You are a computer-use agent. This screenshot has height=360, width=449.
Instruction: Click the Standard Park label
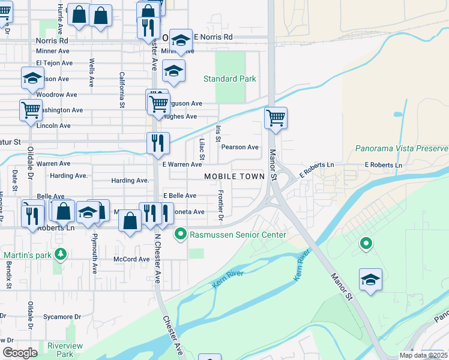pyautogui.click(x=229, y=79)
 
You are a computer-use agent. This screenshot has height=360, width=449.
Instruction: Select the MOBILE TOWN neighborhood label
pyautogui.click(x=234, y=176)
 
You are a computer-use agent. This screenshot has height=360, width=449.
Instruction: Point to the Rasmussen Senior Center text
pyautogui.click(x=238, y=235)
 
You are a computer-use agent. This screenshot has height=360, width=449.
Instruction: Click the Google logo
pyautogui.click(x=20, y=353)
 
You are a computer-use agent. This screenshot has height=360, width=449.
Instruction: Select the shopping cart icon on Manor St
pyautogui.click(x=276, y=118)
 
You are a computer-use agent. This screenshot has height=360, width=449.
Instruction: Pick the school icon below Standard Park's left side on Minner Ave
pyautogui.click(x=173, y=71)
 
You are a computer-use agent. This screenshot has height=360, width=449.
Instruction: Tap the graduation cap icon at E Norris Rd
pyautogui.click(x=181, y=40)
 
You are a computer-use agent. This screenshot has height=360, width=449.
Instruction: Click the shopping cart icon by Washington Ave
pyautogui.click(x=31, y=110)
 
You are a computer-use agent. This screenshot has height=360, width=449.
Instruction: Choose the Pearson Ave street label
pyautogui.click(x=240, y=147)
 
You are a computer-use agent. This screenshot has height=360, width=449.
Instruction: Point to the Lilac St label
pyautogui.click(x=202, y=151)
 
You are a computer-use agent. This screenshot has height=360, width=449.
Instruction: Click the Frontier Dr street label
pyautogui.click(x=221, y=205)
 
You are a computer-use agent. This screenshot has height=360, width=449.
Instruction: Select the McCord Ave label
pyautogui.click(x=131, y=259)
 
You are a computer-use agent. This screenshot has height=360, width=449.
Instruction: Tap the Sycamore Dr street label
pyautogui.click(x=62, y=316)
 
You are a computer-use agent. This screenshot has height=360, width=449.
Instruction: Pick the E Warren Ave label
pyautogui.click(x=182, y=164)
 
